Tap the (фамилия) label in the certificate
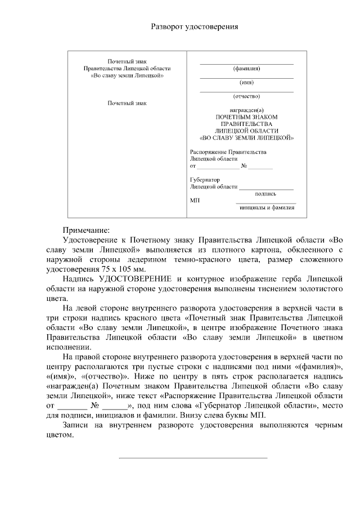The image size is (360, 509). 246,70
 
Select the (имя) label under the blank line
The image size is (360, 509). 246,83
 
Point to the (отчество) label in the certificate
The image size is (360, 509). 246,96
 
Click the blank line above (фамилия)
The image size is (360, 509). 246,64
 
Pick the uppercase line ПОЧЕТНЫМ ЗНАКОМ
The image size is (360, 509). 246,116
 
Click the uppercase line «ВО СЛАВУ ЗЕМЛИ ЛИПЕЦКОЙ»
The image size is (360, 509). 246,137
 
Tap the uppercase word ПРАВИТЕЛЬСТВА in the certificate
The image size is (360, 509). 246,123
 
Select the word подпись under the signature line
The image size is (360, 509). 265,193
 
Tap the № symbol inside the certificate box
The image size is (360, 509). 244,166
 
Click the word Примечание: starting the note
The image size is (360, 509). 87,230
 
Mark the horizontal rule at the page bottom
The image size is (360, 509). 193,458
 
